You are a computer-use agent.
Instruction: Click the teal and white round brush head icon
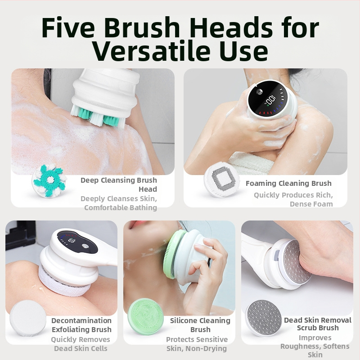click(x=49, y=181)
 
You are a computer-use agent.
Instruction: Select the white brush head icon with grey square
click(x=222, y=179)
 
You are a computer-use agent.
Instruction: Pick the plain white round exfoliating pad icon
click(x=27, y=318)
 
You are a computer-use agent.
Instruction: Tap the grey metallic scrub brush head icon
click(x=263, y=318)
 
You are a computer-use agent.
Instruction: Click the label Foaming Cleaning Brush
click(x=288, y=183)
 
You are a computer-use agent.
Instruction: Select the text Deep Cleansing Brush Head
click(x=119, y=184)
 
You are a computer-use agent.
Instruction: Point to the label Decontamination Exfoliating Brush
click(x=81, y=325)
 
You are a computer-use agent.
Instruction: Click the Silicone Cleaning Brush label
click(x=200, y=325)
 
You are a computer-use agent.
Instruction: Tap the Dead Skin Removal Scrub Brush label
click(x=318, y=324)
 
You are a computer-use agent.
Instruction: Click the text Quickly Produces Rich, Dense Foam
click(x=293, y=199)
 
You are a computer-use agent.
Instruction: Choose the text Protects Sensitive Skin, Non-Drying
click(x=197, y=344)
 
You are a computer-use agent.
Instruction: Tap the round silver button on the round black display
click(x=259, y=91)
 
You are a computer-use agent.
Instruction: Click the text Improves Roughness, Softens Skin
click(x=315, y=346)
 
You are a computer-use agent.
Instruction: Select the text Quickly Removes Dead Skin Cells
click(x=81, y=344)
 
